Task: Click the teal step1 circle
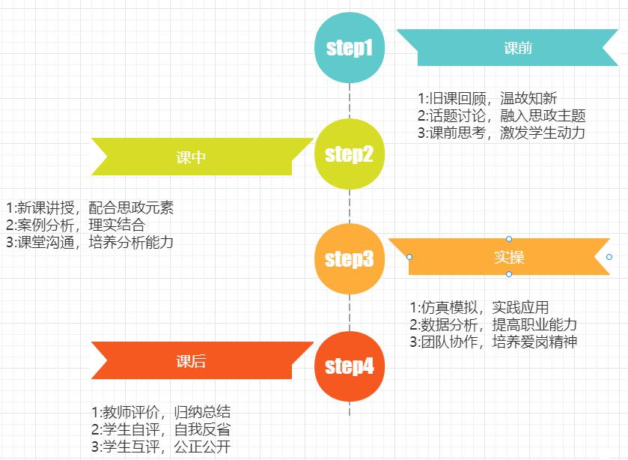350,48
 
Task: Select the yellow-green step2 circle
350,154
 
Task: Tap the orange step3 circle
350,258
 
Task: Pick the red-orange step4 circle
350,366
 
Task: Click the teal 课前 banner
517,48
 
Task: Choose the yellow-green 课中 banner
192,157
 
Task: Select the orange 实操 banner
509,257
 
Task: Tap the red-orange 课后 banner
192,361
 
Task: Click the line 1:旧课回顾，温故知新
487,99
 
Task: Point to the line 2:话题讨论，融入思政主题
501,115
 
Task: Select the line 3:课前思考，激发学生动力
501,133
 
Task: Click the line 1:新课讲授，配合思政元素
89,208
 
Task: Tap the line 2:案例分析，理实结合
75,225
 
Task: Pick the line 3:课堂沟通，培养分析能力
89,242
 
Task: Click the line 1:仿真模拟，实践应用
479,308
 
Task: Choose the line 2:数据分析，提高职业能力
493,324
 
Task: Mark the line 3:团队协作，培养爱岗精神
493,342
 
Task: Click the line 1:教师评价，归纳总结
160,412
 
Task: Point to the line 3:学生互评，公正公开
160,447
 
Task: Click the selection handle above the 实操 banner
509,239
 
